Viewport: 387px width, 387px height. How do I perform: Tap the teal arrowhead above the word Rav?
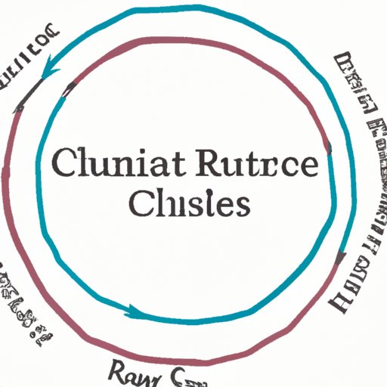133,310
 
